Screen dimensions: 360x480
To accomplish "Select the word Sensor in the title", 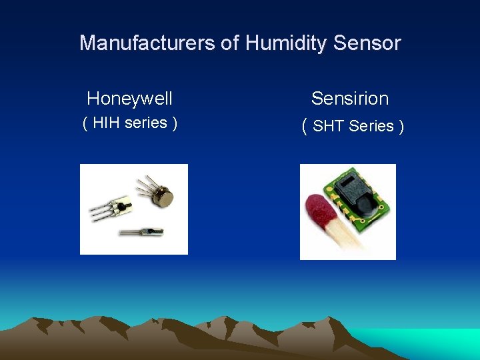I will pyautogui.click(x=367, y=43).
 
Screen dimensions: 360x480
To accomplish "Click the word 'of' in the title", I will pyautogui.click(x=229, y=43).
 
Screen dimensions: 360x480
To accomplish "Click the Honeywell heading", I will pyautogui.click(x=130, y=99).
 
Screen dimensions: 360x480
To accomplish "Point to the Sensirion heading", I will pyautogui.click(x=350, y=99).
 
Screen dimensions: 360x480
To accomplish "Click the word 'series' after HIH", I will pyautogui.click(x=145, y=123).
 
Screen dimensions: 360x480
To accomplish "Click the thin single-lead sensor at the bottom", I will pyautogui.click(x=141, y=231).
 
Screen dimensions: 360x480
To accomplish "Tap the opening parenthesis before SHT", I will pyautogui.click(x=305, y=125).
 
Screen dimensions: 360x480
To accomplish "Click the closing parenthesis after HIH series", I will pyautogui.click(x=175, y=123).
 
